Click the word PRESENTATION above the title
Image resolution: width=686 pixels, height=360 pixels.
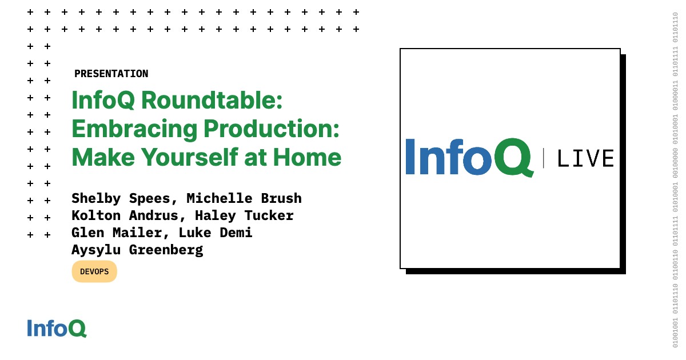pos(111,74)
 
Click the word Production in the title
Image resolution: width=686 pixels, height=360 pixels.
pos(272,129)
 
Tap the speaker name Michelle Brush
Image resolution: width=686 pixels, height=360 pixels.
pos(244,198)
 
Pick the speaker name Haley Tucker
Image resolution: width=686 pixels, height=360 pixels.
pos(244,215)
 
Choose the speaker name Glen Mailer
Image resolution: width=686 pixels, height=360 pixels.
pos(117,233)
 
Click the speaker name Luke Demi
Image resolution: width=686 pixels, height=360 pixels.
pos(216,233)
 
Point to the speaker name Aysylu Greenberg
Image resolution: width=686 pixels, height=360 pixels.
pos(137,250)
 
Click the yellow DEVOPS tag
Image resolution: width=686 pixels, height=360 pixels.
pos(94,271)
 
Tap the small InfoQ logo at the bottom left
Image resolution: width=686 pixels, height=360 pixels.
pos(57,328)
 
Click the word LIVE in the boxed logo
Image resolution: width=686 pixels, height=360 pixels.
pos(585,158)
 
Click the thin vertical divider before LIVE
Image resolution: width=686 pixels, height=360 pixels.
pos(543,158)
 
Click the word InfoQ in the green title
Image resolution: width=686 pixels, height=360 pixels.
pos(103,101)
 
